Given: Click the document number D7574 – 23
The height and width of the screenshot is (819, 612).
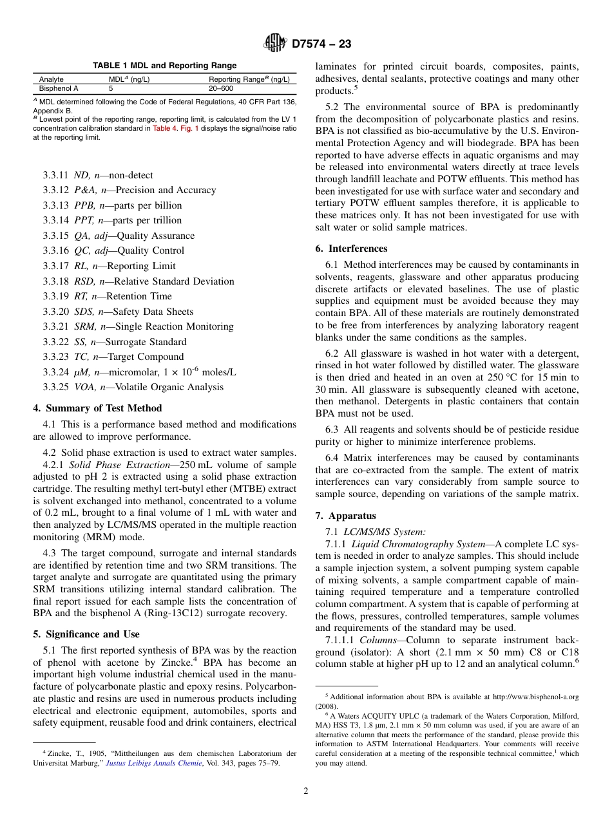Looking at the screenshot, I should click(321, 44).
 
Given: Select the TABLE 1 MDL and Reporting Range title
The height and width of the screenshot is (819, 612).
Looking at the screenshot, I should click(164, 66).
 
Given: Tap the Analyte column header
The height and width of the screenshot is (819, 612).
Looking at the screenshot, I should click(52, 79).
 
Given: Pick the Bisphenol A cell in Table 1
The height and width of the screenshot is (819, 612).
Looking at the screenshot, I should click(59, 88).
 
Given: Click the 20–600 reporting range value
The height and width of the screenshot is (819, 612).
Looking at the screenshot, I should click(220, 88).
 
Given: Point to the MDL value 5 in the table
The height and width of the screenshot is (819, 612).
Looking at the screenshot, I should click(111, 88).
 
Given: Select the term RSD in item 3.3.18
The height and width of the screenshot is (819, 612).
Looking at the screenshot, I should click(84, 281).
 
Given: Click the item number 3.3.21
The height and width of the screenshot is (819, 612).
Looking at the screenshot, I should click(55, 326).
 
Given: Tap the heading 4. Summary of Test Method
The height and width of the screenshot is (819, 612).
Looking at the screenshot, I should click(97, 408).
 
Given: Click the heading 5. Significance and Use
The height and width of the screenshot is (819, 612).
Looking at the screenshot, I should click(86, 634).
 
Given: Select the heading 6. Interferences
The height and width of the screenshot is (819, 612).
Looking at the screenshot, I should click(351, 249).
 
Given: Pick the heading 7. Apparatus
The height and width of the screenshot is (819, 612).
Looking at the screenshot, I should click(345, 516).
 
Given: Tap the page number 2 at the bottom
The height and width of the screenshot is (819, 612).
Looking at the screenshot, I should click(306, 791).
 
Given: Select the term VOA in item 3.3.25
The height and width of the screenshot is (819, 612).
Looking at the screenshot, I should click(85, 387).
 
